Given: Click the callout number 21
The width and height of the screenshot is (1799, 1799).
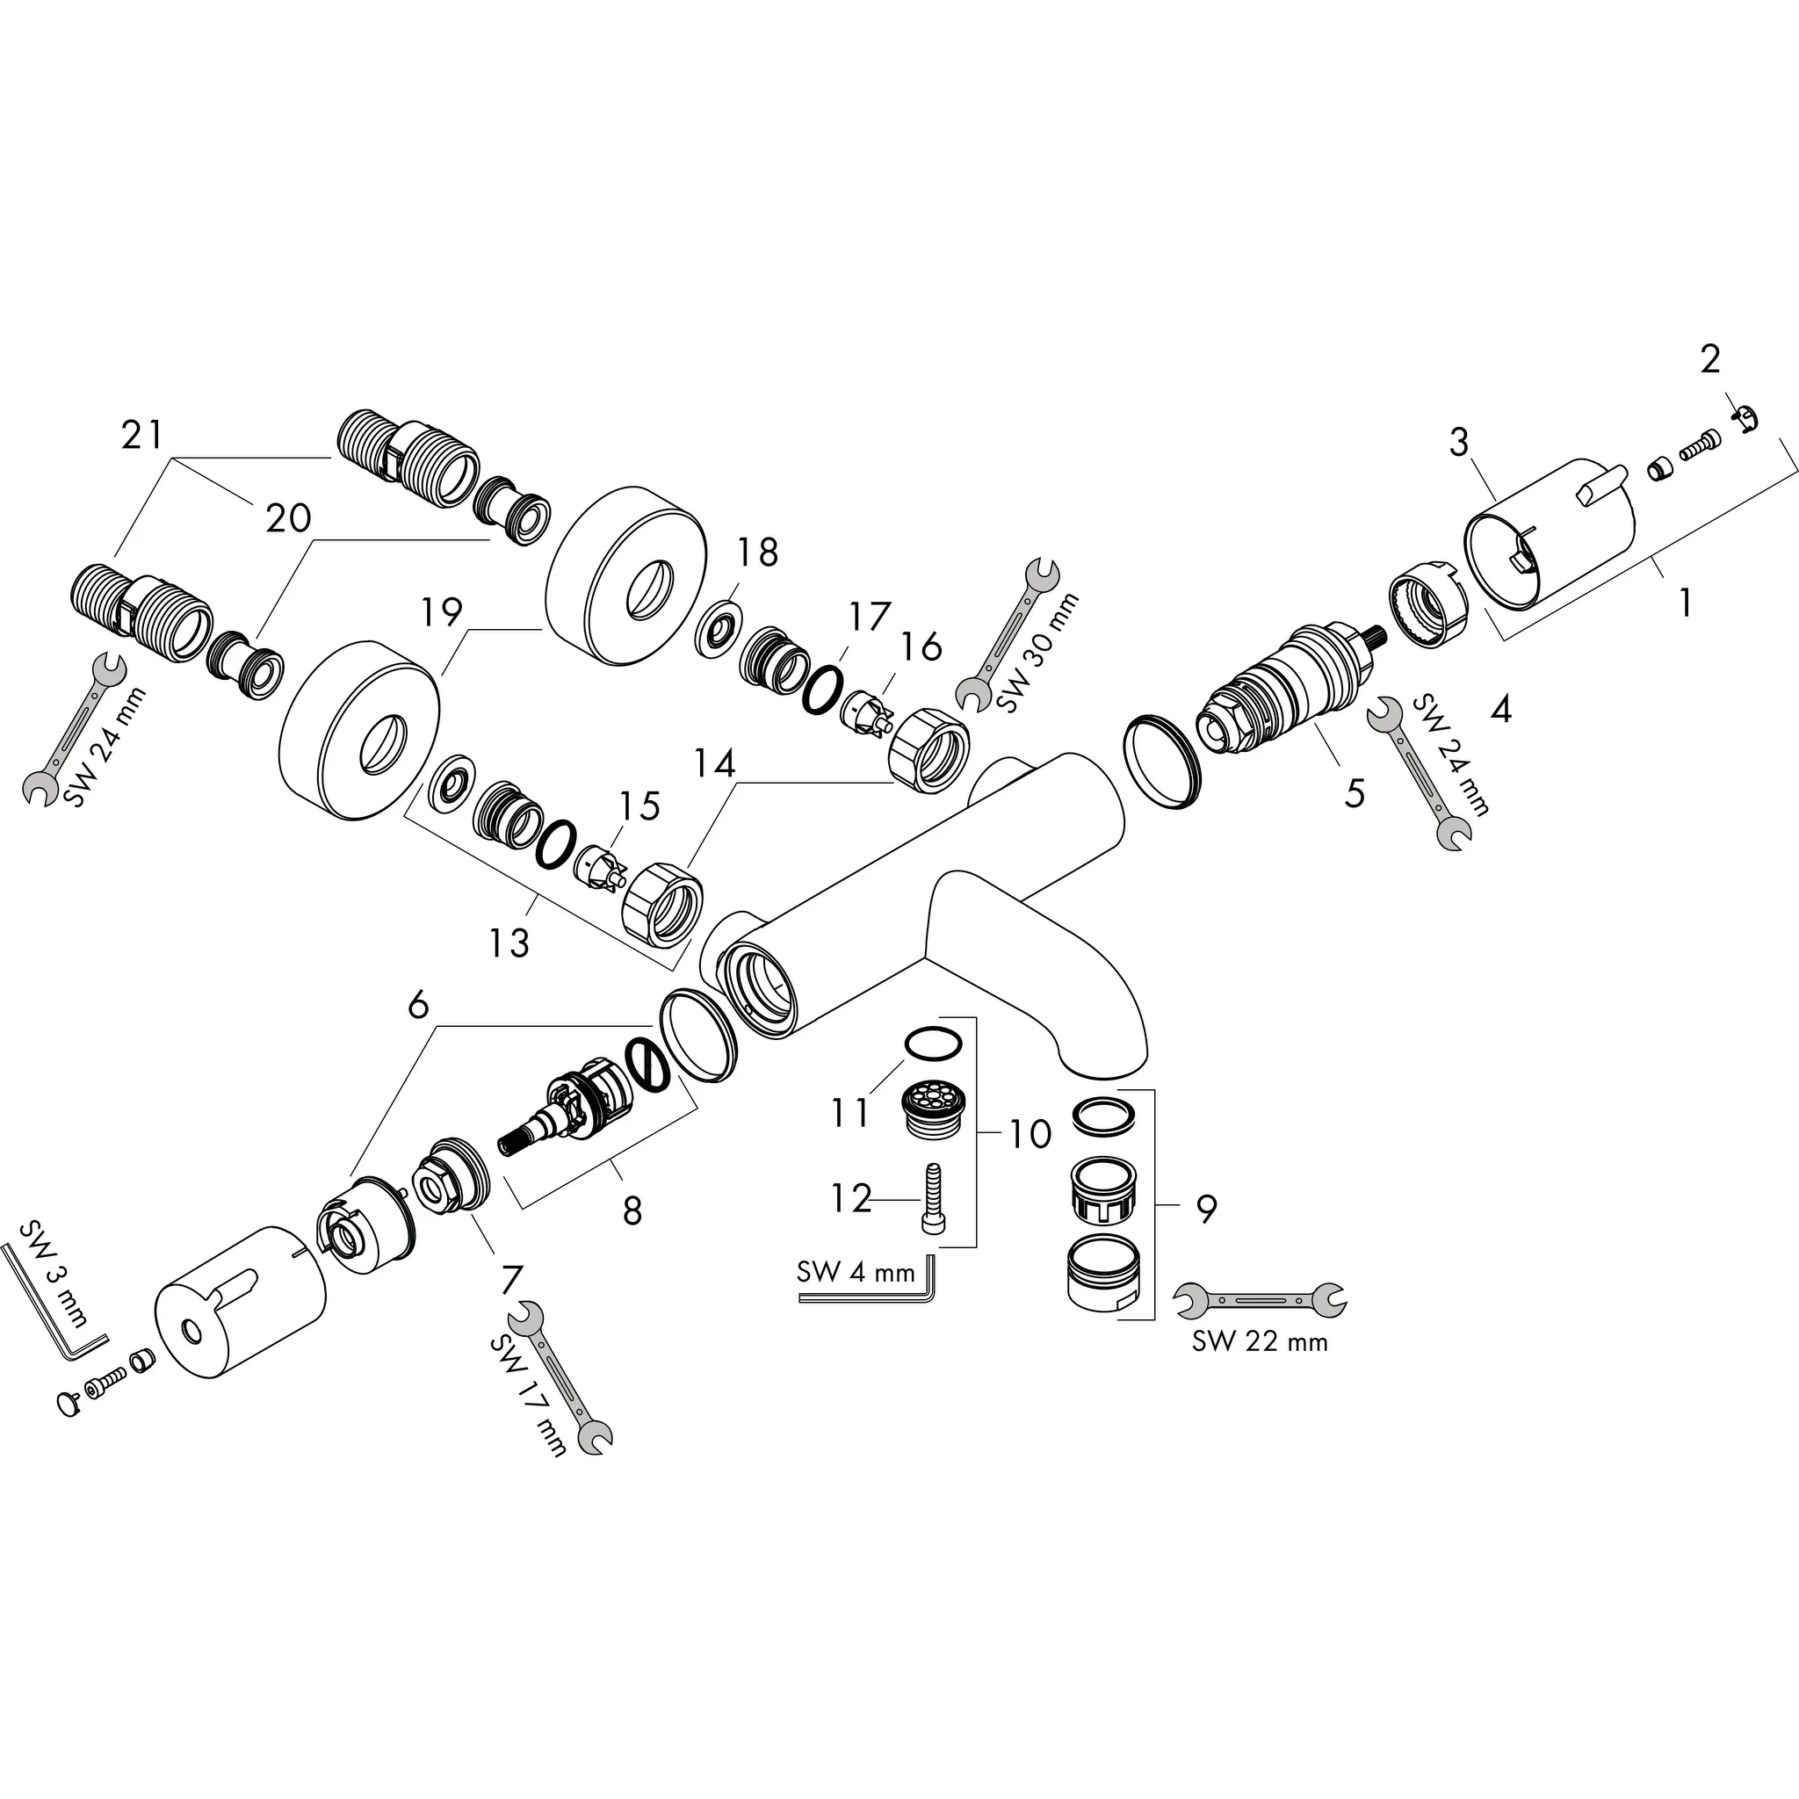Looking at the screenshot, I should tap(141, 435).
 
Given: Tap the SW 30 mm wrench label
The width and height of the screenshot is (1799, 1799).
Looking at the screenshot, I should tap(1037, 653).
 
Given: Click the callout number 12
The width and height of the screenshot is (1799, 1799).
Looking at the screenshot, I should tap(850, 1198).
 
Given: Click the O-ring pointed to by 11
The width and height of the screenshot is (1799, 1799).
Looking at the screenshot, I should tap(932, 1043).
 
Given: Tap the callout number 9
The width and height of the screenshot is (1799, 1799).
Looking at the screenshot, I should tap(1206, 1209).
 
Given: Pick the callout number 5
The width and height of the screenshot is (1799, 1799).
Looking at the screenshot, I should tap(1354, 793).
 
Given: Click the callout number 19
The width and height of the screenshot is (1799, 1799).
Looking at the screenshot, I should tap(441, 611).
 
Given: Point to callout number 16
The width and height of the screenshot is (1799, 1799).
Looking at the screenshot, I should tap(921, 647).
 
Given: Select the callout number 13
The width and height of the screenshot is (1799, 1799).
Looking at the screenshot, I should tap(509, 943).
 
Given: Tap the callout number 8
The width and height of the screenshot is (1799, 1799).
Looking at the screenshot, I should tap(632, 1210).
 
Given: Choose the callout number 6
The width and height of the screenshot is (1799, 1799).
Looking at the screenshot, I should tap(418, 1005).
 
